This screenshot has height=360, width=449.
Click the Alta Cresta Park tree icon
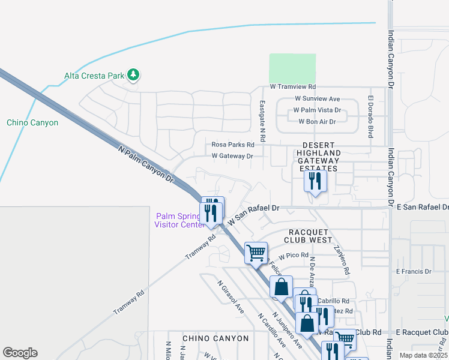pos(133,75)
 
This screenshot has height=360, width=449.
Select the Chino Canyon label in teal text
pos(32,122)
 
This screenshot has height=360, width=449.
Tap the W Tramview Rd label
pos(293,87)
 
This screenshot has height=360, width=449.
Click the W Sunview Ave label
pos(318,99)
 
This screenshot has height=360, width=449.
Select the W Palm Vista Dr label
pos(316,110)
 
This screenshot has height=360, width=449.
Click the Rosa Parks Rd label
pos(233,145)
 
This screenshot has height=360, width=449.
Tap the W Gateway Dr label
pos(232,156)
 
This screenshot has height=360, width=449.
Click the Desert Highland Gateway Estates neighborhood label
pos(321,157)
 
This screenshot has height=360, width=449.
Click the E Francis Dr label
pos(414,271)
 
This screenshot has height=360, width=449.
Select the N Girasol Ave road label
pos(231,298)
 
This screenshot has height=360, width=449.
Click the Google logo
pos(20,353)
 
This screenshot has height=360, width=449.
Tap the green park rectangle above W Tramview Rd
pos(292,68)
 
